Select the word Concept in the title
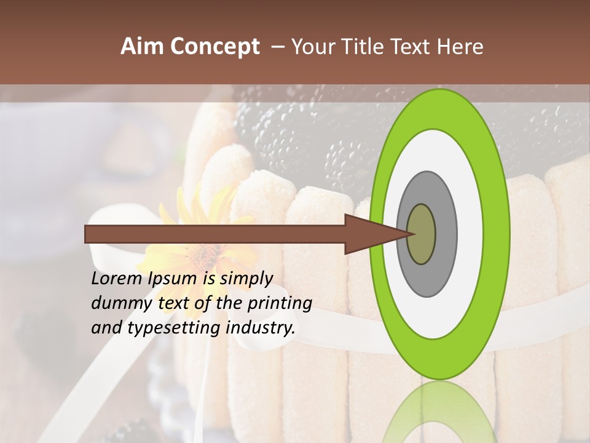click(214, 47)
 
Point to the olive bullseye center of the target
click(422, 234)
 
